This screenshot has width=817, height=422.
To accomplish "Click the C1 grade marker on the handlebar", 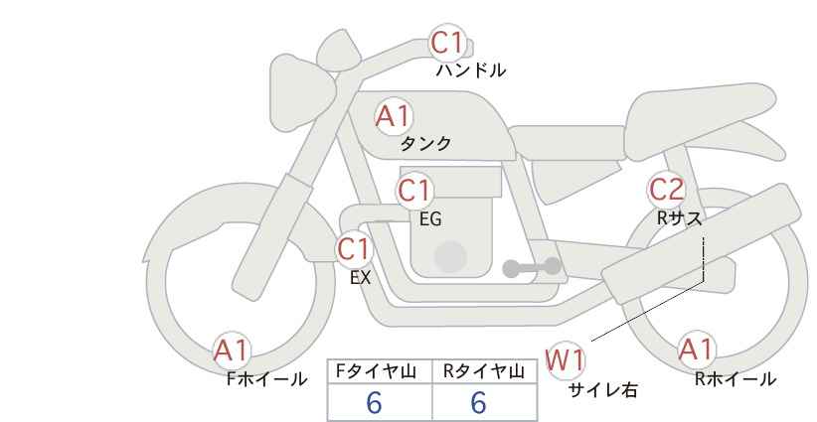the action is coord(447,43).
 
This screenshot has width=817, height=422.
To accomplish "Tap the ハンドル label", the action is coord(470,70).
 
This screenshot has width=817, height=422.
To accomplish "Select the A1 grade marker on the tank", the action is coord(394,116).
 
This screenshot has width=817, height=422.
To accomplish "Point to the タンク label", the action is coord(425,144).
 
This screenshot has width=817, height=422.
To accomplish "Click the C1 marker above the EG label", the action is coord(414,191).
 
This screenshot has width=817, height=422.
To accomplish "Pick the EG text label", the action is coord(430,219).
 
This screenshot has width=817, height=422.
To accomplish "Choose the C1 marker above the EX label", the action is coord(354,249).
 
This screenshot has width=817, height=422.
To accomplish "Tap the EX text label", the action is coord(360,278).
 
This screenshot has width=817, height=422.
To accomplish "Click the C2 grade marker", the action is coord(666,190).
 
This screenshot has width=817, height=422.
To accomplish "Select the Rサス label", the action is coord(679,218).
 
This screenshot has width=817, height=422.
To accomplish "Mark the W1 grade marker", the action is coord(566,360).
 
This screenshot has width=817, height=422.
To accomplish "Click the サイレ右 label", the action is coord(602,390).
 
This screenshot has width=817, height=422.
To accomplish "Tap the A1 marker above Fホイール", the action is coord(232,352).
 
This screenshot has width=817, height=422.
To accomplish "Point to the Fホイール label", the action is coord(266,379).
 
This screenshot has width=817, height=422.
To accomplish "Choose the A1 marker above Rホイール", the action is coord(696,351).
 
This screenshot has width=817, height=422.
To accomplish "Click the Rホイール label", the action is coord(735,379).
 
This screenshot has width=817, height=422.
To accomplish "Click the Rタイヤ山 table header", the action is coord(483,371).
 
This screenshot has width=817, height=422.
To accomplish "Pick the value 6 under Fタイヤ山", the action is coord(374,402).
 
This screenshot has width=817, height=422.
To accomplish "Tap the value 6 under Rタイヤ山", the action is coord(478,402).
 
